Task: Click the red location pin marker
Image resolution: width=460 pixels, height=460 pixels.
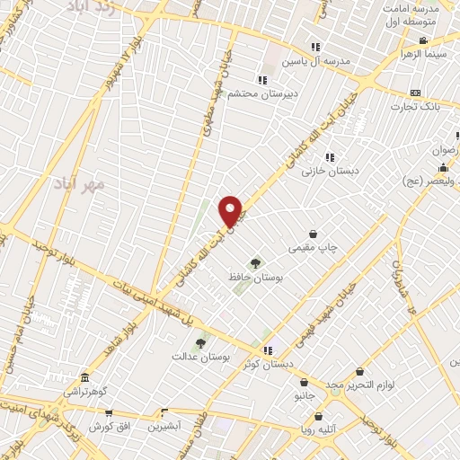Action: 231,211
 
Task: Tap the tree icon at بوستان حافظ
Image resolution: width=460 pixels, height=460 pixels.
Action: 256,263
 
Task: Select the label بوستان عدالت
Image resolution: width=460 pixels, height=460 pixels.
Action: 201,357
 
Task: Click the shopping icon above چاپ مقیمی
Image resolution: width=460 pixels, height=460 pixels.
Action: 313,234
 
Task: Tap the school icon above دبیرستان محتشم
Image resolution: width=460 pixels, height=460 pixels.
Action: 261,79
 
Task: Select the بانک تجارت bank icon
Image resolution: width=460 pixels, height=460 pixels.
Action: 414,93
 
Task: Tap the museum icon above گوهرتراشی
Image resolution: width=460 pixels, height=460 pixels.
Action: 84,377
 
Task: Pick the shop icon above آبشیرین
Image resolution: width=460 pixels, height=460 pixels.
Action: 164,413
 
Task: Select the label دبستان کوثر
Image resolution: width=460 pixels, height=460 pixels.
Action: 266,365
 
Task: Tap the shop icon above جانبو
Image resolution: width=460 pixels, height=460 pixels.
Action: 304,381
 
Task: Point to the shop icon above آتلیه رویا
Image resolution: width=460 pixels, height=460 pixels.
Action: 319,415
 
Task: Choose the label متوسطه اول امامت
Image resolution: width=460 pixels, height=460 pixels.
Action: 407,13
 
